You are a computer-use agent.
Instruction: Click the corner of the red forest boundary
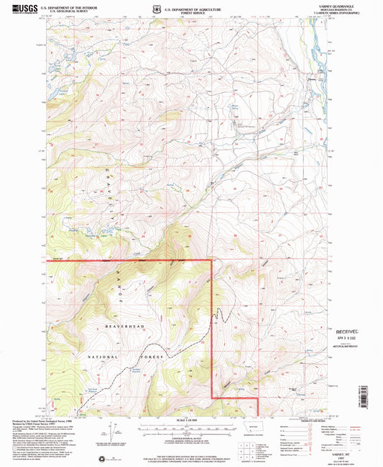[x=211, y=259]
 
